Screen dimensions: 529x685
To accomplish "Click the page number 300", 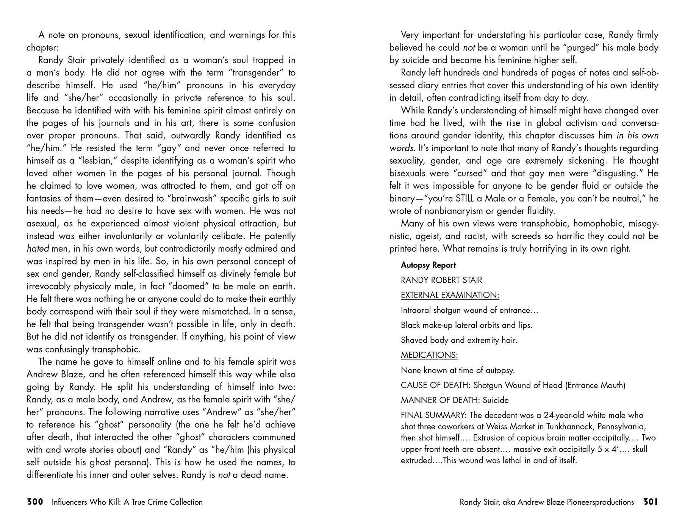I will (x=35, y=502).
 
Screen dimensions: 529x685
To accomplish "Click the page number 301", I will (x=651, y=502).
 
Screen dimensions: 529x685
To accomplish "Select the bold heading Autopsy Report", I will (x=428, y=265).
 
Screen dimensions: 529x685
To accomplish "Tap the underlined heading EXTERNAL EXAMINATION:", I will (x=450, y=295).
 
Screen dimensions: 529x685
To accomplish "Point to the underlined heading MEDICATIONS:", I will (x=429, y=355).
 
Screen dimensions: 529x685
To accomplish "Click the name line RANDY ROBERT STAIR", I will (x=441, y=280).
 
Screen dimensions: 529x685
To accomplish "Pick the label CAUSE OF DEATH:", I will (x=436, y=385).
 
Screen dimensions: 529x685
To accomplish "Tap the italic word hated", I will (x=38, y=249).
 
